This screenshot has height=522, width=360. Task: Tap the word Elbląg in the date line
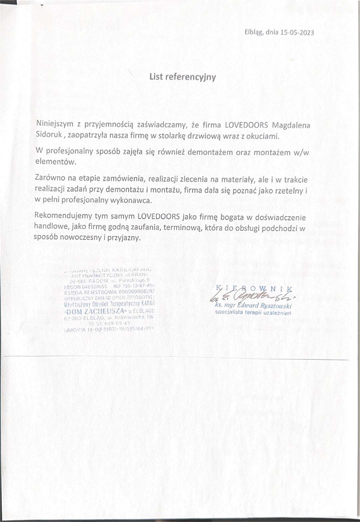click(254, 33)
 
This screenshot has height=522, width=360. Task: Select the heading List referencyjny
click(183, 77)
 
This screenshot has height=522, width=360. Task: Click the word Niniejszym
click(55, 124)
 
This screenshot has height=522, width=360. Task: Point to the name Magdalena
click(291, 125)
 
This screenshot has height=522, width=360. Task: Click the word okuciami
click(262, 136)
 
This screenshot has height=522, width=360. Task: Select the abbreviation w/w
click(301, 153)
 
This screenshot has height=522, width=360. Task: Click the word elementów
click(56, 162)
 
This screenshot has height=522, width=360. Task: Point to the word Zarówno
click(50, 178)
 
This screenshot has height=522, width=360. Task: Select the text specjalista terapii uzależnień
click(253, 313)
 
